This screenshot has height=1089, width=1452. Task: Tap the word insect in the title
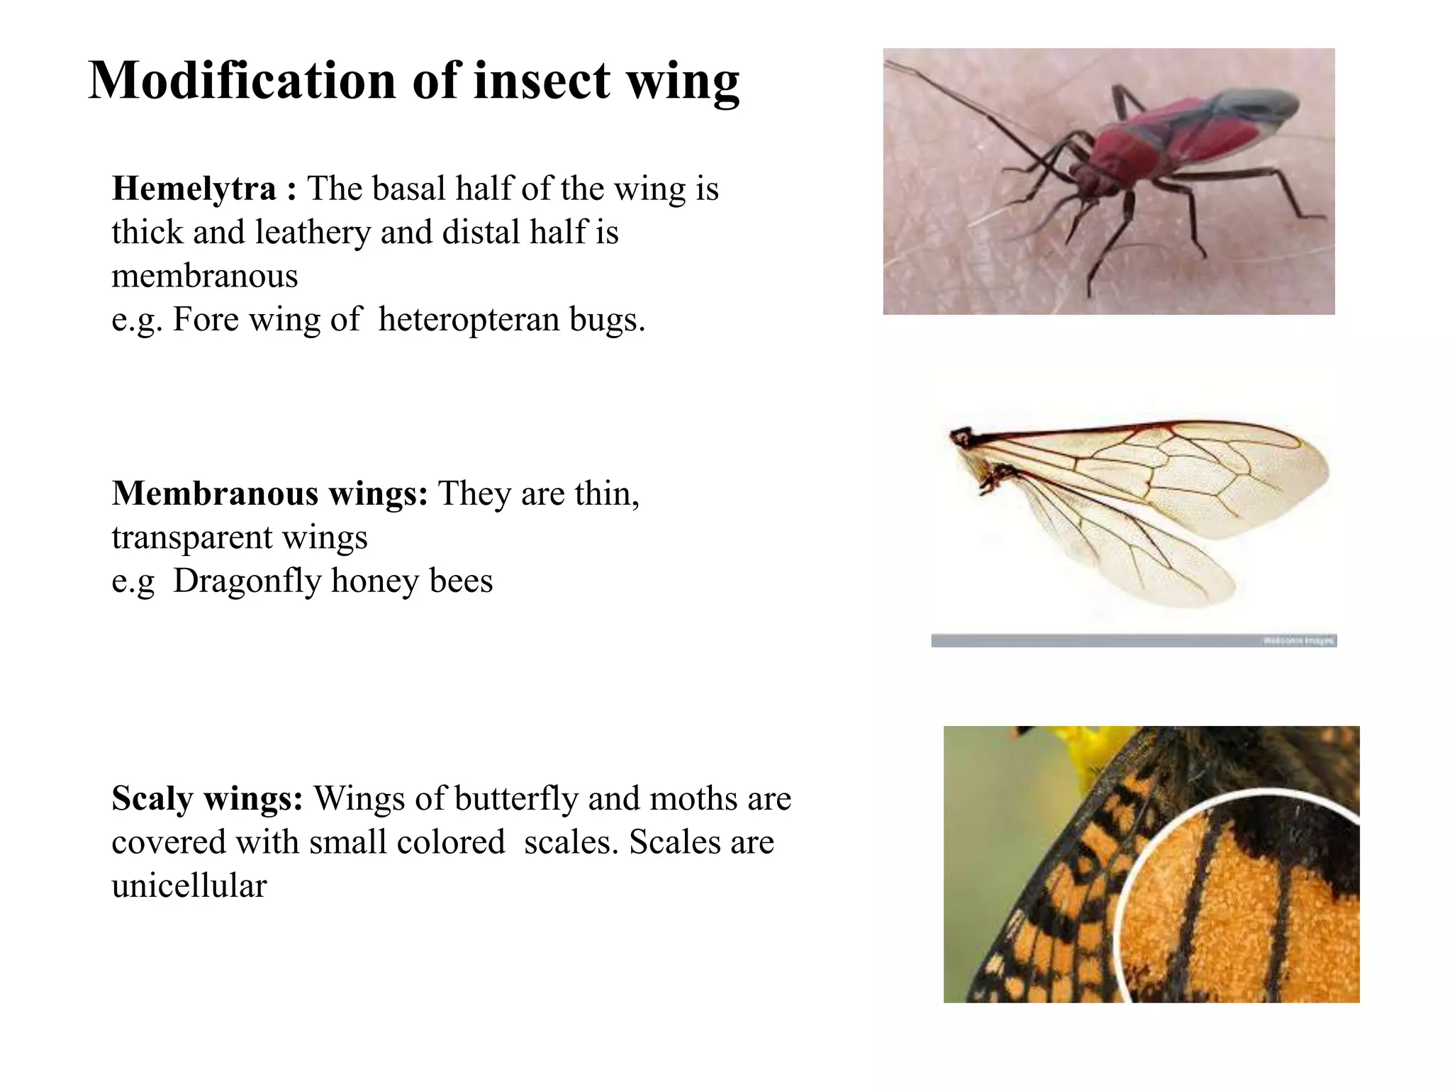coord(541,80)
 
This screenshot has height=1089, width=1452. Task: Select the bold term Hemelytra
coord(194,189)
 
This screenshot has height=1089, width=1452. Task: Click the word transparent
coord(192,537)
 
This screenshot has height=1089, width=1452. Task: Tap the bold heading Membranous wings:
coord(269,493)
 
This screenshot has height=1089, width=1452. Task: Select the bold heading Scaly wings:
coord(207,798)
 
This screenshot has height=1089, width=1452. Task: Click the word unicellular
coord(189,886)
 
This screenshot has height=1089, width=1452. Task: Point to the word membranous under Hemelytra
coord(204,276)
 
